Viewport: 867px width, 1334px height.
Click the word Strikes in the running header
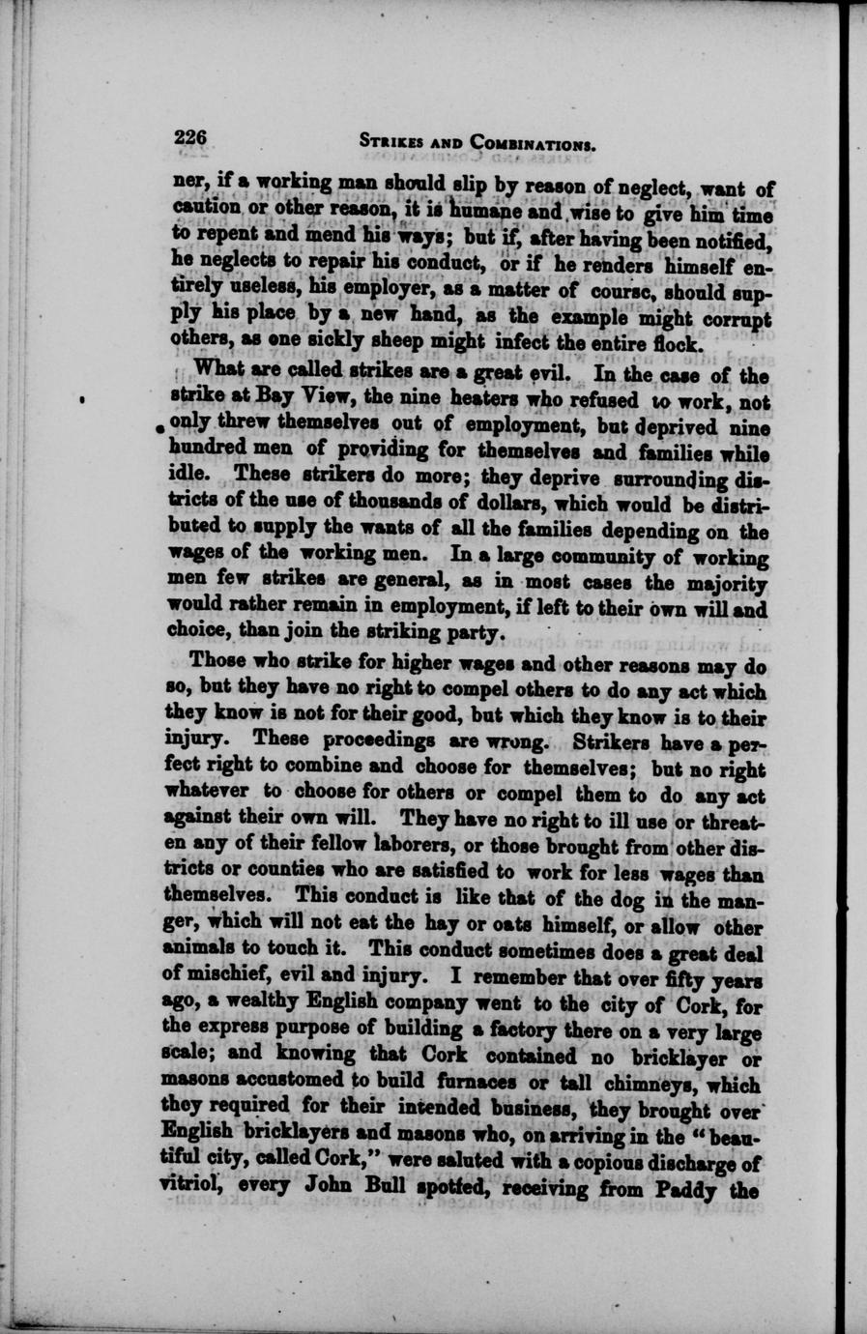tap(392, 144)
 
